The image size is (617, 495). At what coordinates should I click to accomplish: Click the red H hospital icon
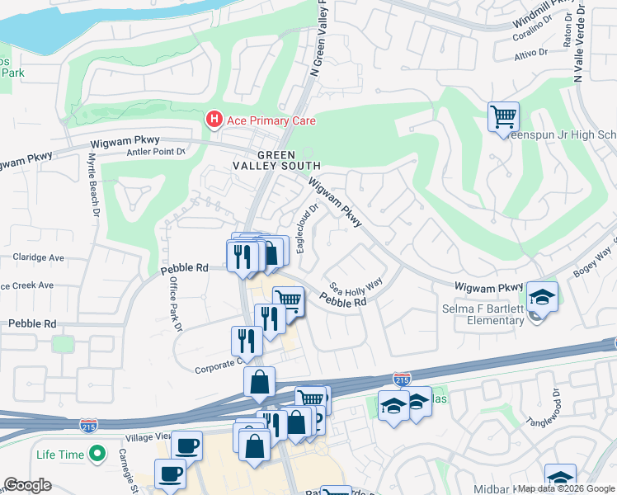[214, 120]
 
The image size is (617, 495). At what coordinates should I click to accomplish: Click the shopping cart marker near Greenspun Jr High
[503, 116]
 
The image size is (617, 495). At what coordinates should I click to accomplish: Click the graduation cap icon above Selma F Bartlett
[542, 298]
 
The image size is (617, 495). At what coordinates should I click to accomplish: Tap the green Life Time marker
[97, 454]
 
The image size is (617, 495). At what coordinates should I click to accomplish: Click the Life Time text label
[60, 455]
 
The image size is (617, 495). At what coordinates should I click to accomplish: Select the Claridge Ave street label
[38, 257]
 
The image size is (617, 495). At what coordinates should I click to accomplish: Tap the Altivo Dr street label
[531, 52]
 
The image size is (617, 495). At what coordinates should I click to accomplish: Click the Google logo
[28, 485]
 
